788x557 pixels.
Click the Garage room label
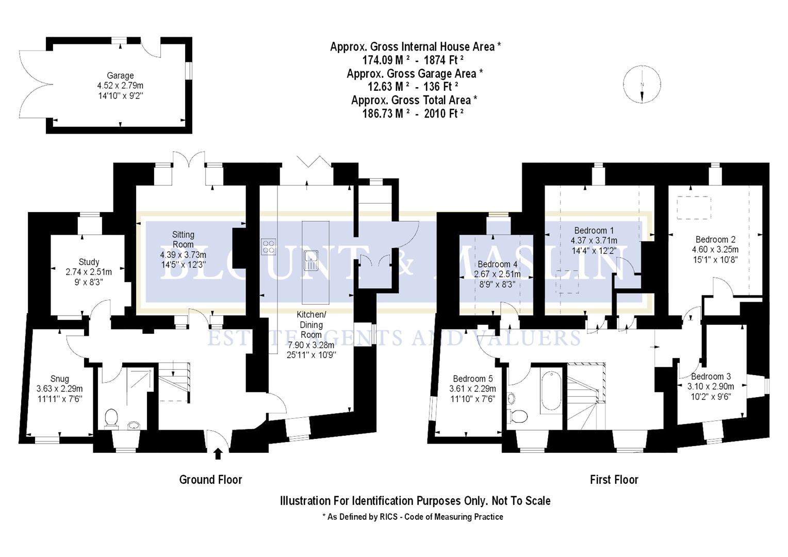point(120,76)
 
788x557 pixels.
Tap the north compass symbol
point(642,85)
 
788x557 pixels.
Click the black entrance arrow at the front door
point(218,453)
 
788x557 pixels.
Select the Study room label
point(89,262)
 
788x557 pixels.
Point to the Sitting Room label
point(183,239)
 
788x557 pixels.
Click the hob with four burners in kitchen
point(268,247)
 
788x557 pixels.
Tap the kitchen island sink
point(311,259)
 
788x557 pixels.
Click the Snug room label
point(59,379)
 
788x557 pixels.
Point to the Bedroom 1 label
point(594,231)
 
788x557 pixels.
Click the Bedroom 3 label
point(711,376)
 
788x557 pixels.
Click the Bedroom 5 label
point(472,379)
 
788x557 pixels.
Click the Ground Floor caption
point(210,480)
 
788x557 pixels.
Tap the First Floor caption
point(614,480)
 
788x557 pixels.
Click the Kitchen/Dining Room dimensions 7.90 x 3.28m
point(311,345)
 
